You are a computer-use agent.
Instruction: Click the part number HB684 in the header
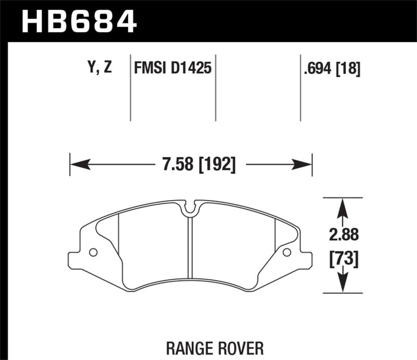[x=79, y=22]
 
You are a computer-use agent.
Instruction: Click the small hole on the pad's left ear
[x=93, y=253]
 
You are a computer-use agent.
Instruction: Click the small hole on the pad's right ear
[x=286, y=253]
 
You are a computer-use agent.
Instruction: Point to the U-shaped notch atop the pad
[x=191, y=208]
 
